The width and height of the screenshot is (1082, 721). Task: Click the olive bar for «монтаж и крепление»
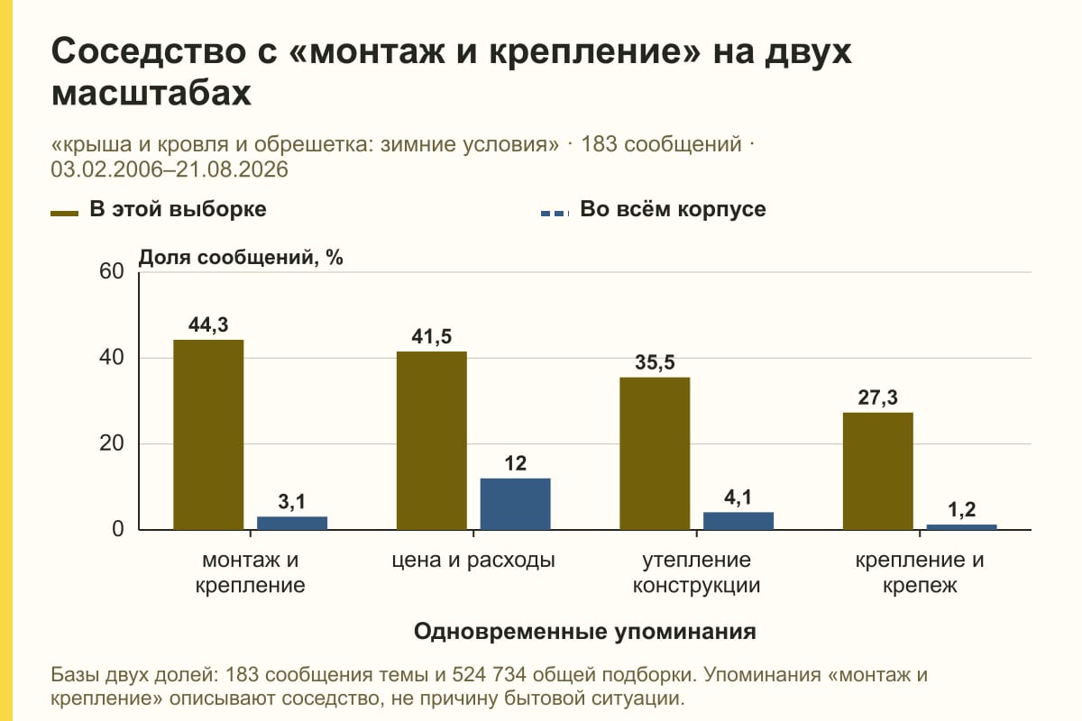click(x=208, y=434)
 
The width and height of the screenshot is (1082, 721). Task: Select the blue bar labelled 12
click(x=515, y=504)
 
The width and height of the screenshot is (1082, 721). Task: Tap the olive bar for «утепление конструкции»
click(x=655, y=453)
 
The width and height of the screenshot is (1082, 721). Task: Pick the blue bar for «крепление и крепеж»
click(x=961, y=527)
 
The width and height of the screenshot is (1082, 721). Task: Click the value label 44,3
click(x=208, y=324)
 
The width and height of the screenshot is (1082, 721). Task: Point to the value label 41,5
click(x=431, y=336)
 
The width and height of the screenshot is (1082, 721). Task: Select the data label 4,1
click(x=738, y=497)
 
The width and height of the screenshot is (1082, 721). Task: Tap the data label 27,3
click(x=877, y=397)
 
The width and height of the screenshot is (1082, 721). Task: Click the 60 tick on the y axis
click(x=112, y=271)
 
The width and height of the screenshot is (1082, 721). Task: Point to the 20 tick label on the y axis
click(x=112, y=443)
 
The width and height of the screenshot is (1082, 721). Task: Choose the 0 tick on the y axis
click(x=118, y=529)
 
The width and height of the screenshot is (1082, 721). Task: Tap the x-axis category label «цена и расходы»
click(x=473, y=561)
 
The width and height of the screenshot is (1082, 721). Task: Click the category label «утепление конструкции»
click(x=696, y=572)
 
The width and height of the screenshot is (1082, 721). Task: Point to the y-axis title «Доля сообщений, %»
click(x=241, y=258)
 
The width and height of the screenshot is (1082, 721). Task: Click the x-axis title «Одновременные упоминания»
click(x=585, y=631)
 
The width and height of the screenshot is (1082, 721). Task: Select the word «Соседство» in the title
click(x=149, y=51)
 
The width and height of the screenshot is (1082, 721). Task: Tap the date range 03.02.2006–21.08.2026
click(x=170, y=169)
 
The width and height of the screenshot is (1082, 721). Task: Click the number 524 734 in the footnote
click(x=489, y=675)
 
